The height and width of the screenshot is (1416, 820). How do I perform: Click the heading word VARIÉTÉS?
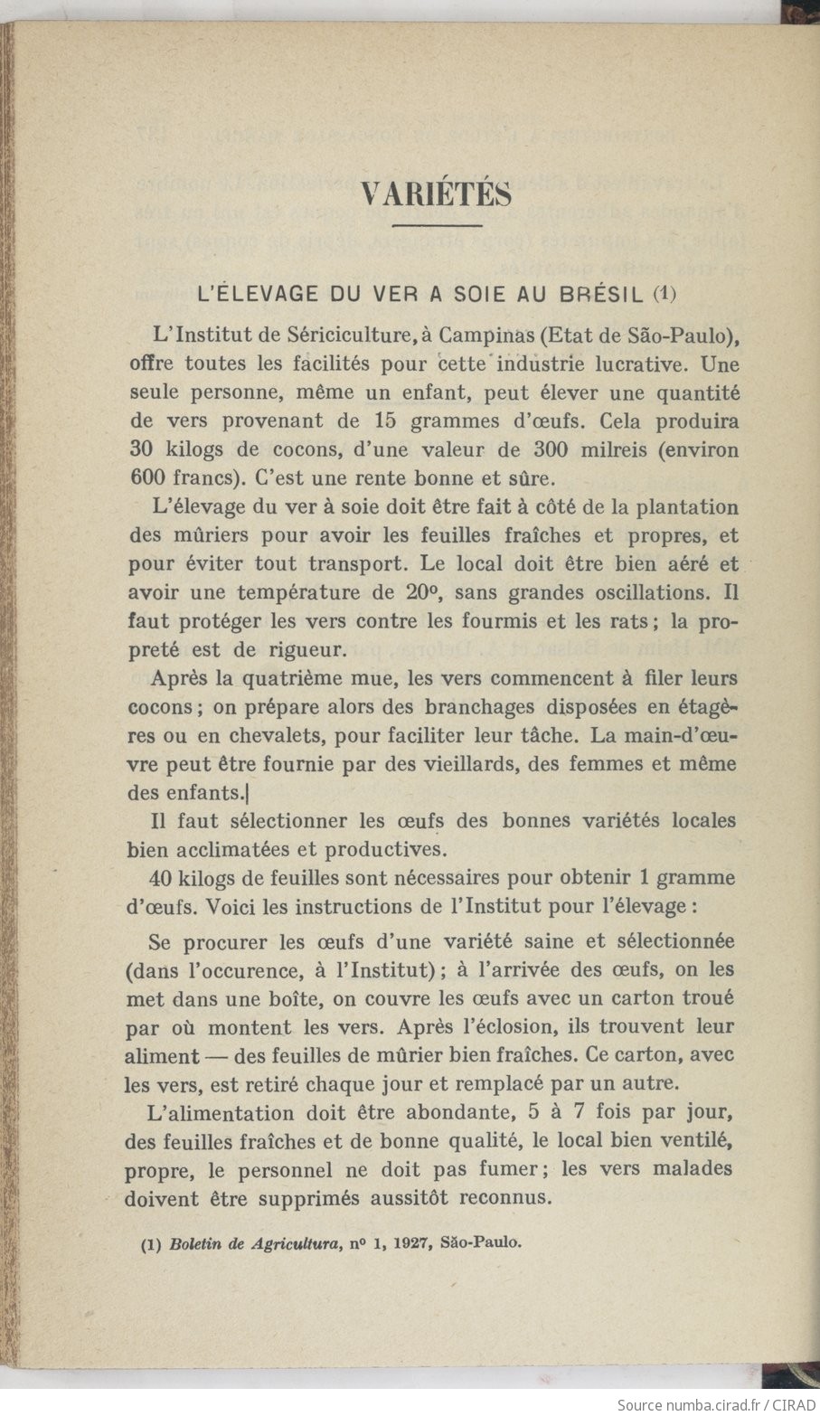coord(436,194)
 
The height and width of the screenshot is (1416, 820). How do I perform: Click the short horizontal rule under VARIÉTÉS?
coord(438,225)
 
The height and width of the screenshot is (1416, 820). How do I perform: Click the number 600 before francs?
coord(146,477)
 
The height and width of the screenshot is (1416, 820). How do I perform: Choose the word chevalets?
coord(275,735)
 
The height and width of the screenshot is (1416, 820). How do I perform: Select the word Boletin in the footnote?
coord(194,1242)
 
